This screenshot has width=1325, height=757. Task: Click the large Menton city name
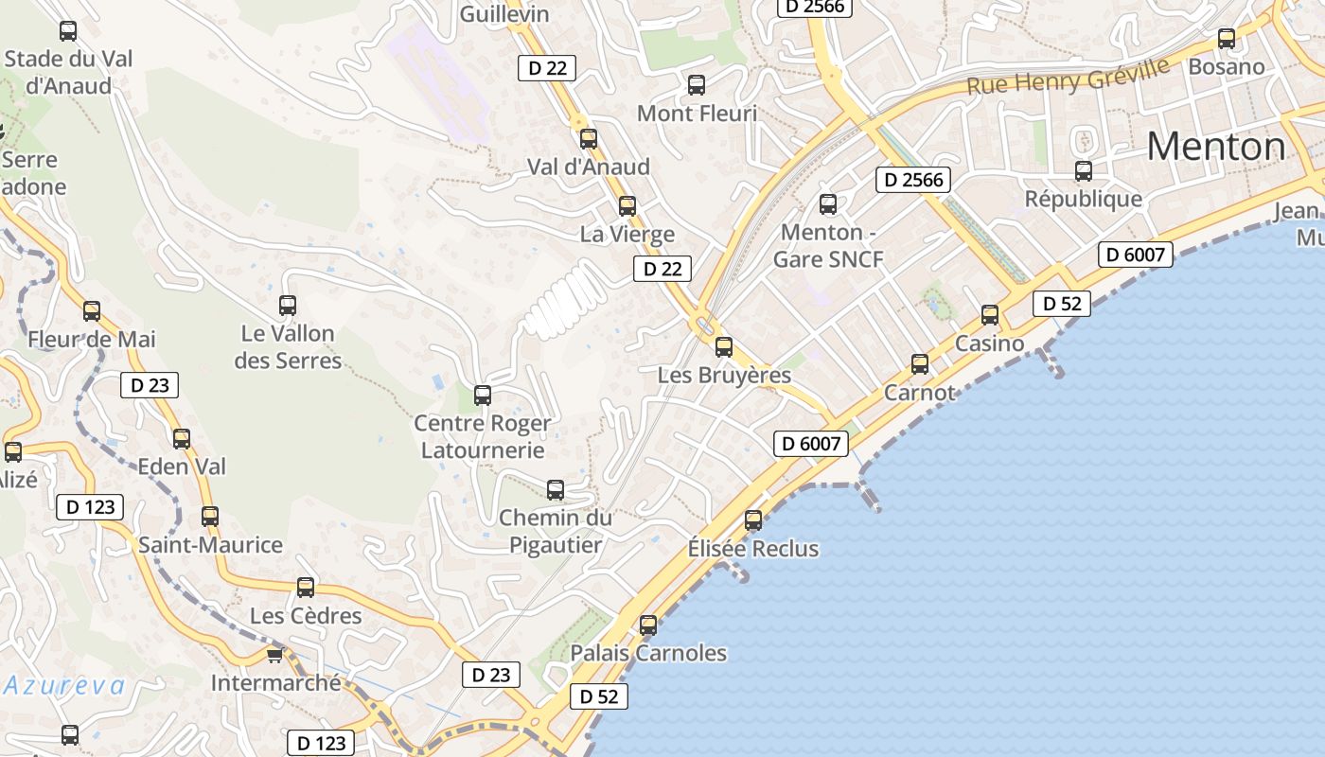tap(1216, 147)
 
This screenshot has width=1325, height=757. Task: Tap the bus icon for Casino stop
tap(990, 315)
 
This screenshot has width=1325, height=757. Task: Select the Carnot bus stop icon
tap(920, 364)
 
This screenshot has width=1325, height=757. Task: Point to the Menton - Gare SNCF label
tap(828, 246)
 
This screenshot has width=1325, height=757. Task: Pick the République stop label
tap(1084, 200)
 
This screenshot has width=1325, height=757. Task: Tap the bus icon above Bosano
tap(1227, 39)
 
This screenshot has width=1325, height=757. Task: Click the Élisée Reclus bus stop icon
tap(753, 520)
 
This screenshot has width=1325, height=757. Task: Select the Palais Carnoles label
tap(648, 653)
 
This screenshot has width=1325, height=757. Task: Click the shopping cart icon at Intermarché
tap(275, 655)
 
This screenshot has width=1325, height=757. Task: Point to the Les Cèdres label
tap(306, 616)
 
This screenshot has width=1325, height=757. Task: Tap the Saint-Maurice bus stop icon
tap(210, 517)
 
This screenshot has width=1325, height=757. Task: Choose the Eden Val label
tap(183, 467)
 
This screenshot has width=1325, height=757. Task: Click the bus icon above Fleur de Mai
tap(92, 310)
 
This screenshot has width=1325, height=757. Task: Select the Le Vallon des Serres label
tap(288, 346)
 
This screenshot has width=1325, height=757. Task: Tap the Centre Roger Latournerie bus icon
tap(483, 396)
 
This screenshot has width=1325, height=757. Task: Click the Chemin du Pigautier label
tap(556, 531)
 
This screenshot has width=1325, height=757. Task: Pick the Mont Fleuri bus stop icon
tap(697, 85)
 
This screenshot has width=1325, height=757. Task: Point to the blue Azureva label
tap(64, 685)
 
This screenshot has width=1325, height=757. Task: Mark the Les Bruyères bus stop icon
tap(724, 347)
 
